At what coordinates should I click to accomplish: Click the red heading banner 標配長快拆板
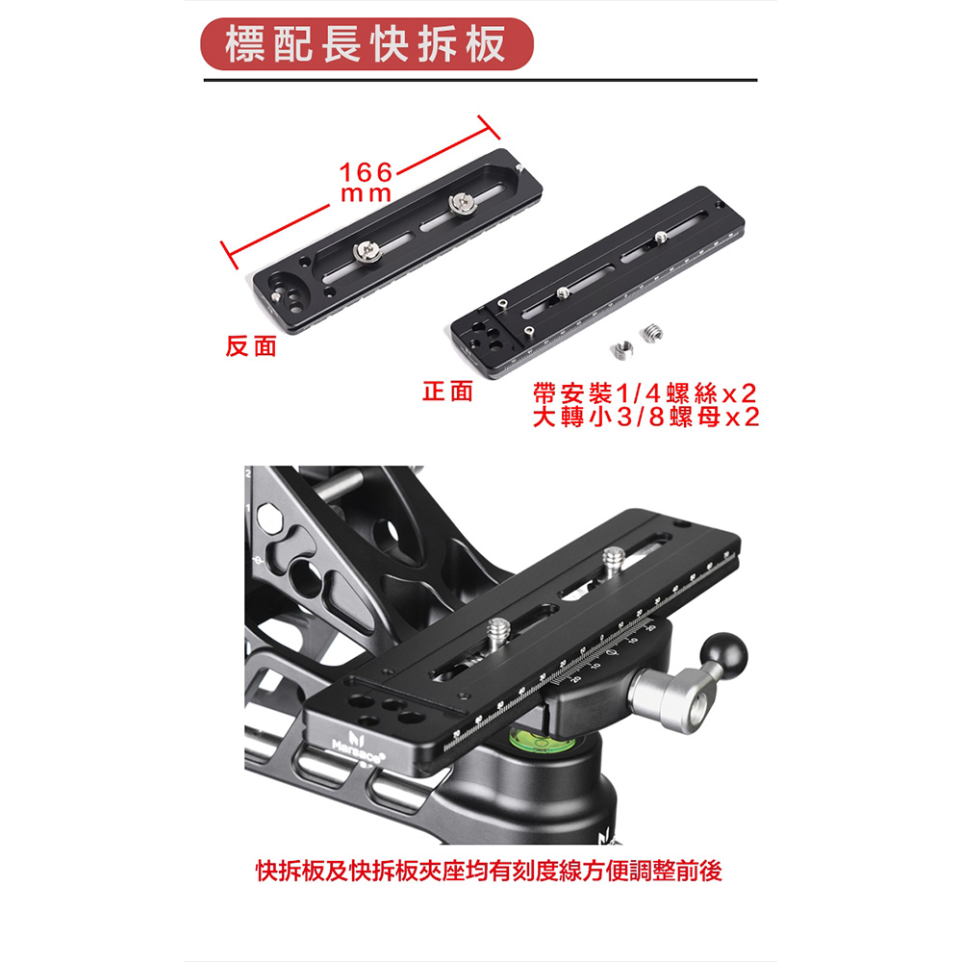click(367, 44)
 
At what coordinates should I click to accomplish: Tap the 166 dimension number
click(366, 172)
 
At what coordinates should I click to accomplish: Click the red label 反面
click(251, 346)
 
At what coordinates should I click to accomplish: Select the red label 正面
click(448, 392)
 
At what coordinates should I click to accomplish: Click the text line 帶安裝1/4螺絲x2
click(645, 393)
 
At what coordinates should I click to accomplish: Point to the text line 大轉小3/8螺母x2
click(646, 418)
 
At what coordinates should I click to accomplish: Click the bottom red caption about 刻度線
click(489, 871)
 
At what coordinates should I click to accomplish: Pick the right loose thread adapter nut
click(652, 333)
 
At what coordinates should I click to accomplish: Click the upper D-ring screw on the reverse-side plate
click(462, 204)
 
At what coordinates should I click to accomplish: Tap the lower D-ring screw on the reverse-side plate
click(367, 251)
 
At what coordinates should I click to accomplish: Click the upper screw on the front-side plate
click(660, 237)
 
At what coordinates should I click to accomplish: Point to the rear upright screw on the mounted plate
click(614, 561)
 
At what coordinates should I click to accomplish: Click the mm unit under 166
click(366, 194)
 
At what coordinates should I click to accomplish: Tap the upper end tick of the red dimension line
click(489, 127)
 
